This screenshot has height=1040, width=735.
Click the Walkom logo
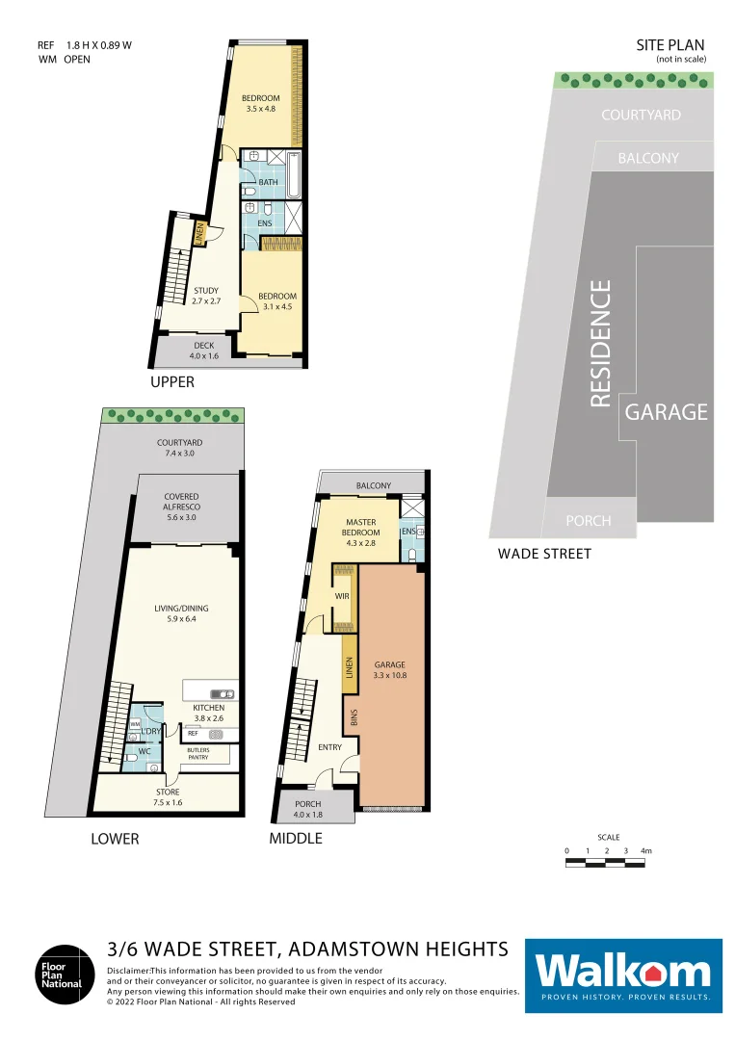(623, 975)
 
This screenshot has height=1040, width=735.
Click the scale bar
(606, 864)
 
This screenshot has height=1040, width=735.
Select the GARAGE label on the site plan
(667, 412)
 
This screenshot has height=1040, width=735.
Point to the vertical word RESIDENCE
(601, 344)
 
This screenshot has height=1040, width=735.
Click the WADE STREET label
(544, 554)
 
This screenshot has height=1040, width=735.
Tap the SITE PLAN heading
(670, 45)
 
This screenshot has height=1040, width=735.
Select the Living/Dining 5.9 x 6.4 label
(181, 613)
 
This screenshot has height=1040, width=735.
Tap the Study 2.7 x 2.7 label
(206, 296)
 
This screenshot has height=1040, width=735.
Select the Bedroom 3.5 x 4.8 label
(260, 103)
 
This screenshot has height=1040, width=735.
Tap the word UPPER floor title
(172, 382)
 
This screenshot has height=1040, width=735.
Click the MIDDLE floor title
(296, 839)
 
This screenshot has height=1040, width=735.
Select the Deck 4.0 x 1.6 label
(203, 351)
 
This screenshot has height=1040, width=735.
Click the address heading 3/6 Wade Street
(307, 949)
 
